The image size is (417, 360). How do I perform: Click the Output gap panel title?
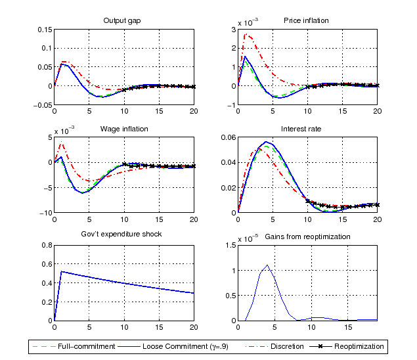(x=122, y=20)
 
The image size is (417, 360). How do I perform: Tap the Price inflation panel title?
(x=307, y=20)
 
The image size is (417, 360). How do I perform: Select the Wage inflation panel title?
(x=123, y=129)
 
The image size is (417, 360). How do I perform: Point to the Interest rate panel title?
(x=307, y=129)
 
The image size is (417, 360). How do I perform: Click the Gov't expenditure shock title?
(x=121, y=235)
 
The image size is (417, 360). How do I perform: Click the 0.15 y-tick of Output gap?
(x=43, y=30)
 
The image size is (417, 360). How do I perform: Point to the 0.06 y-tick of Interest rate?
(x=227, y=137)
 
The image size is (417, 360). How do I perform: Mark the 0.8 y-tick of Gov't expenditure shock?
(x=46, y=245)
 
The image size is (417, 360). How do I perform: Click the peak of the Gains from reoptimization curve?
(x=267, y=265)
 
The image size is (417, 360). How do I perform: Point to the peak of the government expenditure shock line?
(x=61, y=271)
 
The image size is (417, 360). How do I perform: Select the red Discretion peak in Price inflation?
(x=246, y=34)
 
